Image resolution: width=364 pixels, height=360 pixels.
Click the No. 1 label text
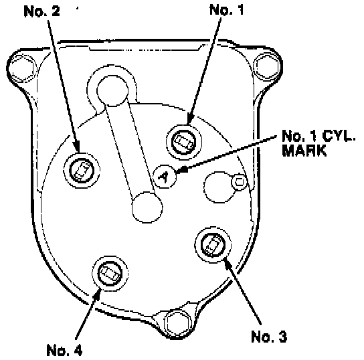[227, 10]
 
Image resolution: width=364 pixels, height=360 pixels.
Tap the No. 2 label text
[41, 11]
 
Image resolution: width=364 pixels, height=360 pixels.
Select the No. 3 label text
[269, 337]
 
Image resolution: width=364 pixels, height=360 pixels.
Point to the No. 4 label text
[64, 350]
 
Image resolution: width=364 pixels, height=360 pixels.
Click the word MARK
[304, 151]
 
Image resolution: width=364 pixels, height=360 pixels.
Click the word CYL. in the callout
[339, 136]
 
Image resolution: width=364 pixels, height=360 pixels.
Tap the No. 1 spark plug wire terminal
[184, 142]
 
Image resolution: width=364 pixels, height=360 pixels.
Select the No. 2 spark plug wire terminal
[82, 171]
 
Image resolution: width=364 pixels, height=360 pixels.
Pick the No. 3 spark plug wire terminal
[213, 245]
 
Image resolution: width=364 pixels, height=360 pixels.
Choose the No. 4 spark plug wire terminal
[110, 273]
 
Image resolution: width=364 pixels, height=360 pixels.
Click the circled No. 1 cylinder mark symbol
[165, 177]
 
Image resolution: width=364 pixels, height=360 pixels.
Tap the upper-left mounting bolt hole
[23, 68]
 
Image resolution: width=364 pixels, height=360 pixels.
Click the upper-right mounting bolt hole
[267, 66]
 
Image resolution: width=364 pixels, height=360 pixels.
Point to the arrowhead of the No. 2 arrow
[76, 147]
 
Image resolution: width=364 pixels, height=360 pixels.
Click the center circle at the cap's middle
[147, 207]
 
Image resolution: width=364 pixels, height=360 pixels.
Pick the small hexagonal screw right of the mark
[239, 182]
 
